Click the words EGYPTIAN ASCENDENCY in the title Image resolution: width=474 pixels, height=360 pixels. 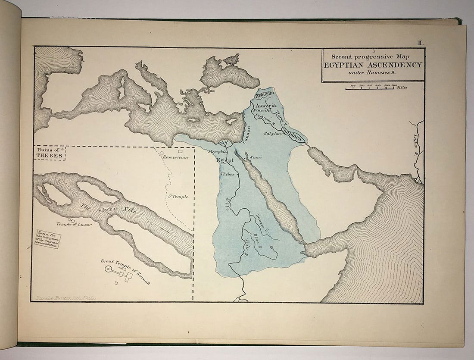(373, 65)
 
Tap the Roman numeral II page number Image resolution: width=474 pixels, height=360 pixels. (421, 42)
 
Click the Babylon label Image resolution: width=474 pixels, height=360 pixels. (272, 134)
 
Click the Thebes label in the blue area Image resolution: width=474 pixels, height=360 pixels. (227, 175)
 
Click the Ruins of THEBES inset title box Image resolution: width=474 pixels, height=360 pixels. (50, 153)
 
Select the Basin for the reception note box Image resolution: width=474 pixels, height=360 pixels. (48, 239)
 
